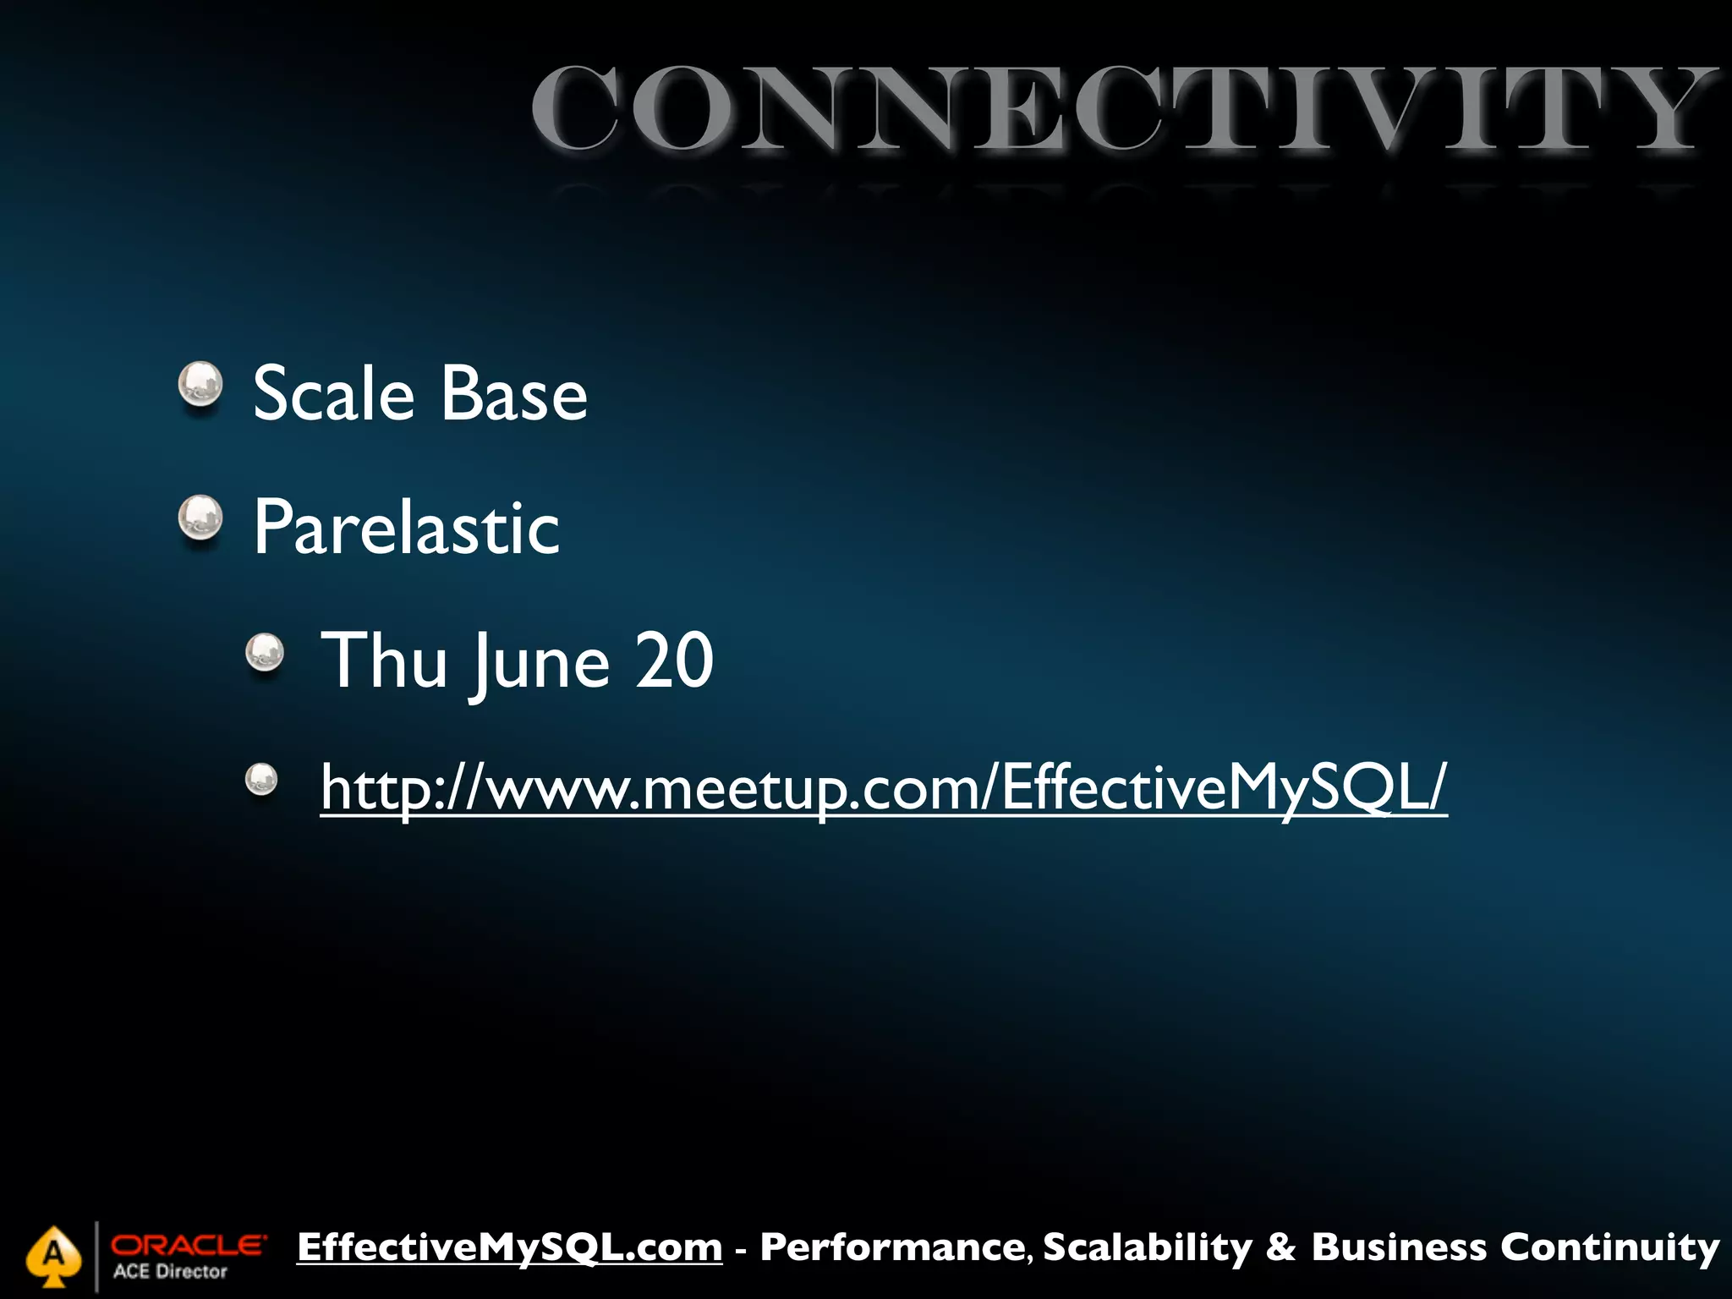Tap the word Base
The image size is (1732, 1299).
513,394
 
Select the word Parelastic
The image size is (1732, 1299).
406,528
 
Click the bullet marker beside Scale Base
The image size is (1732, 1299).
200,385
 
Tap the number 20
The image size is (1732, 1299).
674,660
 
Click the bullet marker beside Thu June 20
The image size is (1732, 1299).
265,653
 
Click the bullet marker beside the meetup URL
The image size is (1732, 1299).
261,780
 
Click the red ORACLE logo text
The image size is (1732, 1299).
188,1245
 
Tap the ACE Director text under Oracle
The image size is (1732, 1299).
170,1272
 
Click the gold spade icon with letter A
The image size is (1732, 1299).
53,1256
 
